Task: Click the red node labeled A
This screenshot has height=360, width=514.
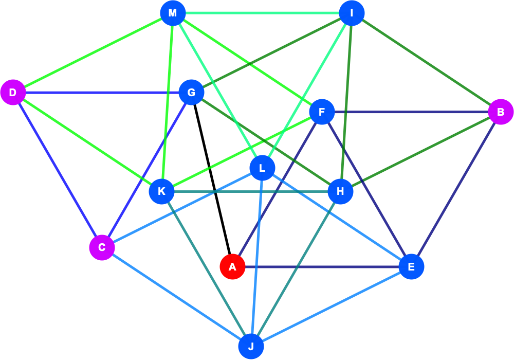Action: tap(232, 266)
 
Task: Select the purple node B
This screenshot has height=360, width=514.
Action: tap(501, 112)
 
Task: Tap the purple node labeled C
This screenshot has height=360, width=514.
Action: tap(102, 247)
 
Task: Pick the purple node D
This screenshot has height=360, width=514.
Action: tap(13, 93)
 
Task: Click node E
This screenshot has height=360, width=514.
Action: tap(411, 266)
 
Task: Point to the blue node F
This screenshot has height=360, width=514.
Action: tap(322, 112)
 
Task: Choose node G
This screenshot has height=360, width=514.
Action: tap(191, 93)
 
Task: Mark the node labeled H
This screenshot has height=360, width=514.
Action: tap(341, 191)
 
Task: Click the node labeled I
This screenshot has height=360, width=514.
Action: tap(352, 13)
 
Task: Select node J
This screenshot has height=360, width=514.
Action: tap(251, 346)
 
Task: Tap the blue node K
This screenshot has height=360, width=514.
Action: tap(161, 191)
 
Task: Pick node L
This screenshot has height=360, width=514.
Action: tap(262, 168)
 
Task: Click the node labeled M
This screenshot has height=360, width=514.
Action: tap(173, 13)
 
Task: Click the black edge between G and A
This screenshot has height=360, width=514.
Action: tap(212, 179)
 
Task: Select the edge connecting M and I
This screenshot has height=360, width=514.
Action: tap(262, 13)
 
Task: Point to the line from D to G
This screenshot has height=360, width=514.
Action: tap(102, 93)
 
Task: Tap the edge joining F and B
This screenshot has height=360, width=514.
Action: tap(411, 112)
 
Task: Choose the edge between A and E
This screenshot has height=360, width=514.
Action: tap(322, 266)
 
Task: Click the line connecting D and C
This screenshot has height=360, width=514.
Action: tap(58, 170)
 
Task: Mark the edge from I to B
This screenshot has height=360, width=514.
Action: tap(426, 62)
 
